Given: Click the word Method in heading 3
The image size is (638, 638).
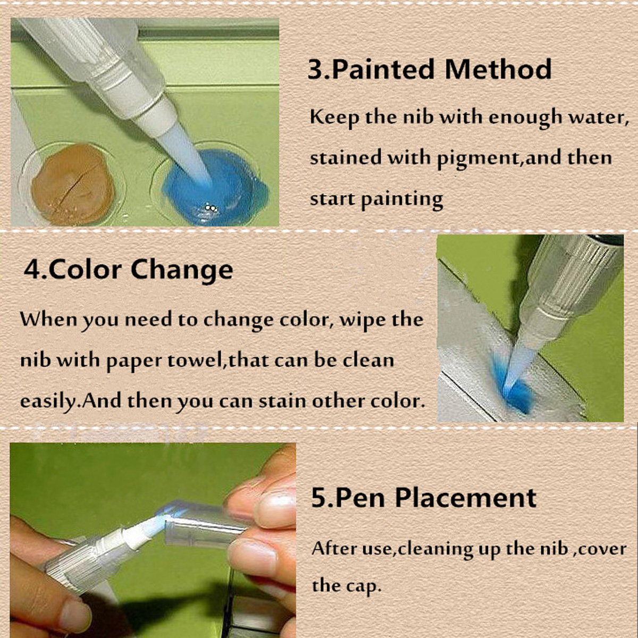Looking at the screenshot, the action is click(x=498, y=69).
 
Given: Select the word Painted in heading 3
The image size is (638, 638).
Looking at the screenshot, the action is click(x=383, y=69).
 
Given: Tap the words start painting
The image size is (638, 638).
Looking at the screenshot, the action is click(x=376, y=200).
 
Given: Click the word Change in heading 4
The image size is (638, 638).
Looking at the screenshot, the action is click(x=182, y=271).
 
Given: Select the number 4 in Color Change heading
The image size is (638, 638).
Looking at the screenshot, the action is click(x=32, y=270).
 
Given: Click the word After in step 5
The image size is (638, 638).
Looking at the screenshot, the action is click(x=334, y=549).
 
